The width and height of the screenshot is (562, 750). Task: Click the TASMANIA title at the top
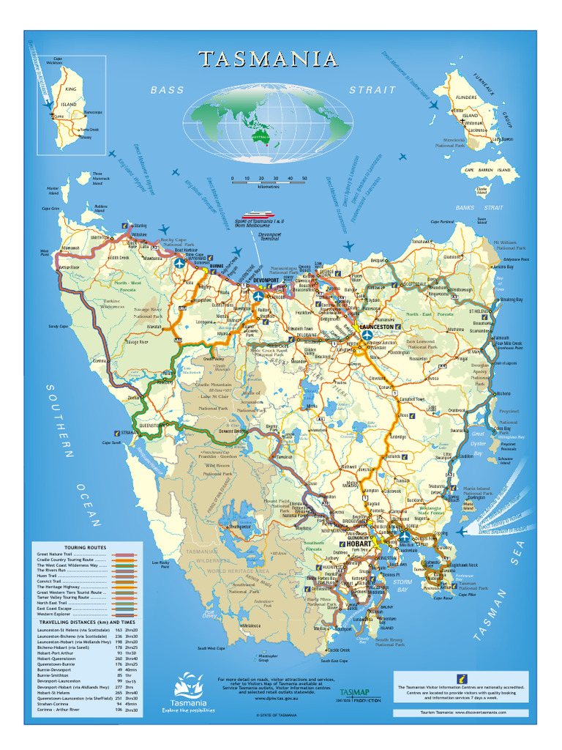(x=268, y=59)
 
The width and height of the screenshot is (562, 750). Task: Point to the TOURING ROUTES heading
(x=85, y=547)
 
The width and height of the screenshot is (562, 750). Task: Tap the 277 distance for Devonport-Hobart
(x=119, y=687)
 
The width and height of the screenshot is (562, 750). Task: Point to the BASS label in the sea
(x=168, y=90)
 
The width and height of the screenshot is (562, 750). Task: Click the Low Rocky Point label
(x=160, y=564)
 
